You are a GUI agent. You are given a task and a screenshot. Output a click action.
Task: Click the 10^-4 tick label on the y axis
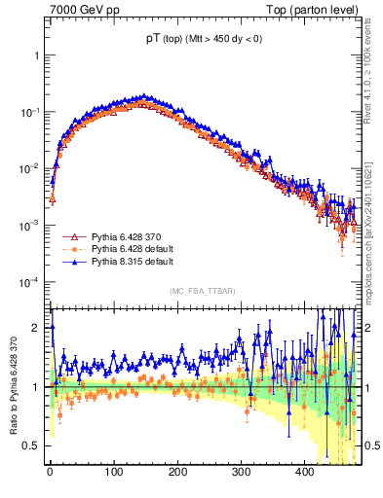click(33, 282)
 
